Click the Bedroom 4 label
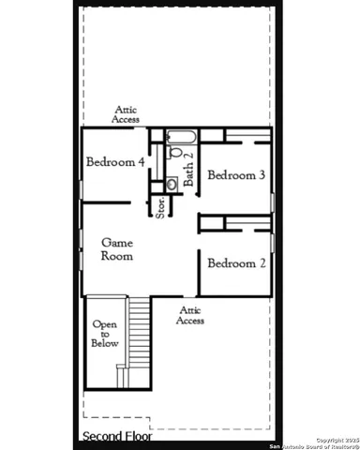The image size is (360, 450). [115, 161]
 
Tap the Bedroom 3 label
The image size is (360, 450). [236, 175]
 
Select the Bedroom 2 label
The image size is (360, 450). [236, 263]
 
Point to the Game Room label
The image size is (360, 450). [117, 248]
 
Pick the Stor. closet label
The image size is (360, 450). [160, 207]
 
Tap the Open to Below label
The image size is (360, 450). [104, 334]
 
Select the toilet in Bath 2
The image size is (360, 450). [174, 153]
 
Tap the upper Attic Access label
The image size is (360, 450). [126, 114]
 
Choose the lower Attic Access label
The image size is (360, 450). [190, 315]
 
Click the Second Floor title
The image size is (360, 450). [118, 436]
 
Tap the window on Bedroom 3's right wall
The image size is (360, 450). [272, 201]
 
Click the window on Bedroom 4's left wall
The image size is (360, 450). [82, 188]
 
